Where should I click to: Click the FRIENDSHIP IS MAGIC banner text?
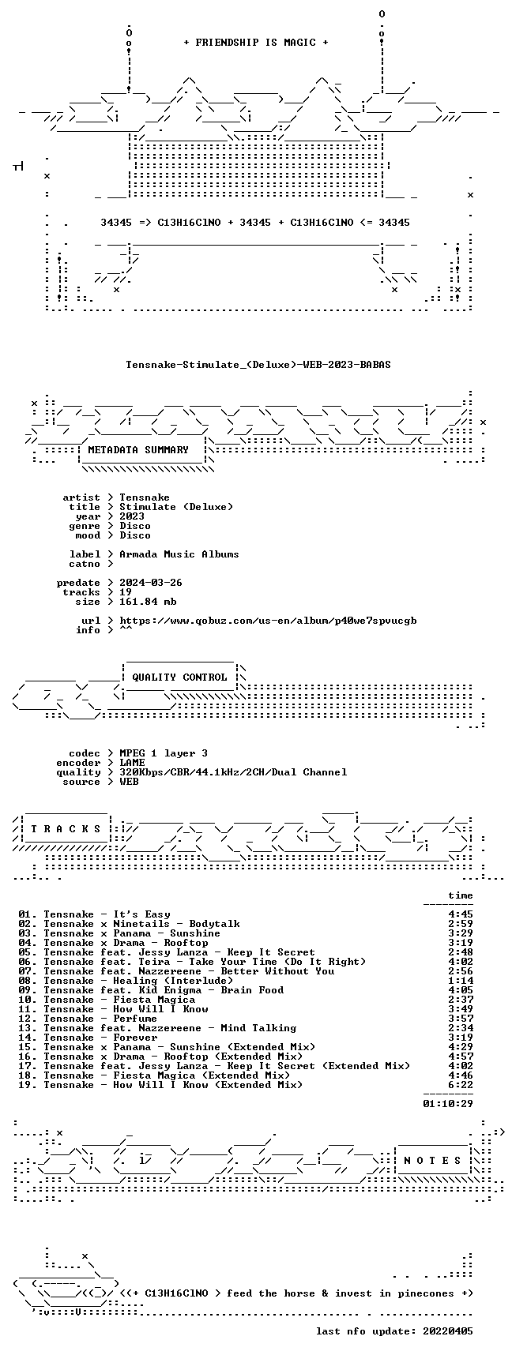pyautogui.click(x=256, y=43)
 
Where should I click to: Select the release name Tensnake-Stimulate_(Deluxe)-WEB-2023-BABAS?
pyautogui.click(x=258, y=365)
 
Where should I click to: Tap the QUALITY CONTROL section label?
pyautogui.click(x=179, y=677)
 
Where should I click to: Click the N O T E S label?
pyautogui.click(x=433, y=1161)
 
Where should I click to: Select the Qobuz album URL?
pyautogui.click(x=268, y=621)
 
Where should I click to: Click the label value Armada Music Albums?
pyautogui.click(x=179, y=554)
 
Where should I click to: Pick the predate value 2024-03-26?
pyautogui.click(x=151, y=583)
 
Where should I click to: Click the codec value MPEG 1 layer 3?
pyautogui.click(x=164, y=753)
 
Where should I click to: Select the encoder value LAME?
pyautogui.click(x=132, y=763)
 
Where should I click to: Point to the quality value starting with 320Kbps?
pyautogui.click(x=233, y=772)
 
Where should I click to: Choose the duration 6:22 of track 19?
pyautogui.click(x=461, y=1085)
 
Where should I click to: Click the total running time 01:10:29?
pyautogui.click(x=448, y=1104)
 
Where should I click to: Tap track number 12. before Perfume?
pyautogui.click(x=28, y=1019)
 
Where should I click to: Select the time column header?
pyautogui.click(x=461, y=895)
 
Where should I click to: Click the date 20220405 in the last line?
pyautogui.click(x=448, y=1331)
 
